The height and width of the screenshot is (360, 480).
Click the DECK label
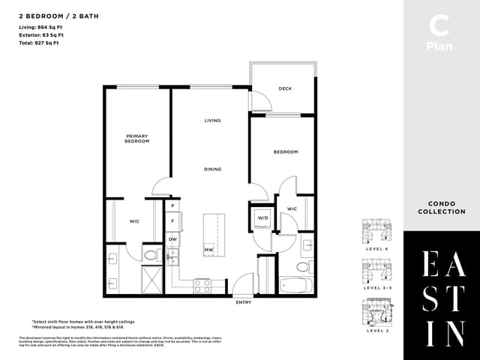click(285, 88)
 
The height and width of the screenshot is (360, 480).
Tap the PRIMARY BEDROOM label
click(137, 138)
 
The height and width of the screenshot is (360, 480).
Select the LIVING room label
click(212, 120)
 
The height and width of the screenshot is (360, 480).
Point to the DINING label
click(212, 169)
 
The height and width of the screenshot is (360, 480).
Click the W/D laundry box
click(262, 218)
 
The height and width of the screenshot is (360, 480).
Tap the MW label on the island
click(208, 250)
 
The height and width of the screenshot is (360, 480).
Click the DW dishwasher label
click(172, 238)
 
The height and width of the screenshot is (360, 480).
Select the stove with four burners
click(203, 285)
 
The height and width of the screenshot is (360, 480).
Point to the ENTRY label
click(243, 302)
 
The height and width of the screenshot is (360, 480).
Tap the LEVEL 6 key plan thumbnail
click(376, 230)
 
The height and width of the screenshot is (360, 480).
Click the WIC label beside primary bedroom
click(134, 221)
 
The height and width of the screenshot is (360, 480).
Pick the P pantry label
click(172, 205)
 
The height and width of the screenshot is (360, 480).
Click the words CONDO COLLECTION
click(442, 208)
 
